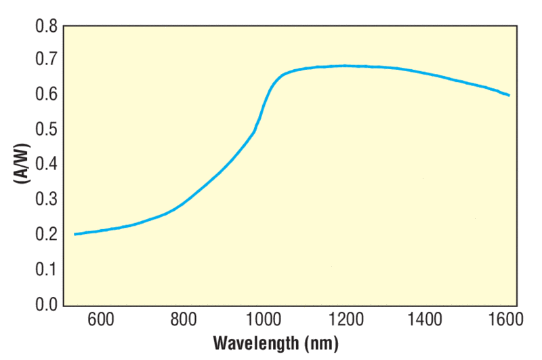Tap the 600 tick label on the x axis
pyautogui.click(x=102, y=320)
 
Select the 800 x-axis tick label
pyautogui.click(x=183, y=320)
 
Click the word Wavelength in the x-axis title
pyautogui.click(x=254, y=343)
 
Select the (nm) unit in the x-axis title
pyautogui.click(x=319, y=343)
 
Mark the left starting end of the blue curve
pyautogui.click(x=75, y=234)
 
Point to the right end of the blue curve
pyautogui.click(x=509, y=96)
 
